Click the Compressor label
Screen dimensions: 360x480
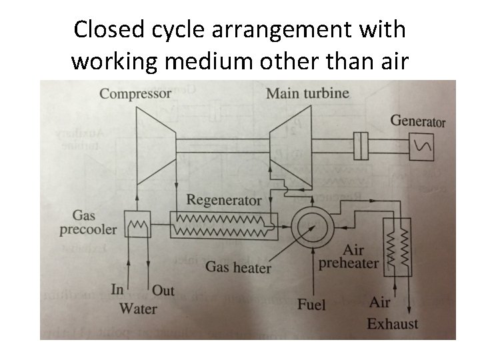[x=135, y=93]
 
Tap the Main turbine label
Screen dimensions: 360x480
[x=307, y=93]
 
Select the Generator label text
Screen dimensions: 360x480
[x=417, y=121]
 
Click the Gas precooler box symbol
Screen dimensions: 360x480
[x=137, y=225]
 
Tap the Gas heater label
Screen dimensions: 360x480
[x=238, y=267]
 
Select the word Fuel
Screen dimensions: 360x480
[x=311, y=305]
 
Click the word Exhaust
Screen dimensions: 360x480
[x=393, y=324]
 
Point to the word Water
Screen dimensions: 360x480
[x=137, y=308]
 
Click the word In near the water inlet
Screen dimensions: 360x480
[x=117, y=290]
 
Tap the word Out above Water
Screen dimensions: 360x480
[x=163, y=291]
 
